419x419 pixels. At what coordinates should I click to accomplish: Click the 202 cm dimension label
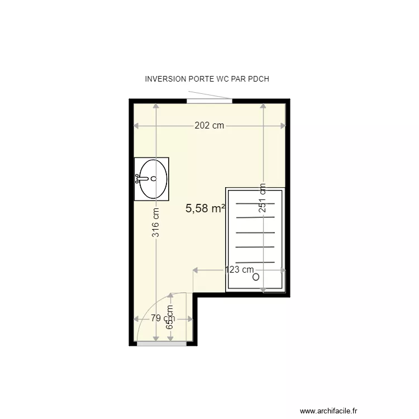209,126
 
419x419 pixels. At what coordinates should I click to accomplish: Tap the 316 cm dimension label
156,222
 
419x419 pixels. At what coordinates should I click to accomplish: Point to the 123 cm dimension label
240,270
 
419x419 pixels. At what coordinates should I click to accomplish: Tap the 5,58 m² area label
205,208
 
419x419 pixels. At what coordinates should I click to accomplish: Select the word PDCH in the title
258,79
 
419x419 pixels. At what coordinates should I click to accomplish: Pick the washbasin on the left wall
152,179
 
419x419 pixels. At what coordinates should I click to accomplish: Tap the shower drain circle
256,277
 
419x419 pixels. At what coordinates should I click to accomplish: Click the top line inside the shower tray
255,204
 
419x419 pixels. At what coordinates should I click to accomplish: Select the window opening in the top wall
209,101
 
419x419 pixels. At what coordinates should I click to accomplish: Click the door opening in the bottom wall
161,344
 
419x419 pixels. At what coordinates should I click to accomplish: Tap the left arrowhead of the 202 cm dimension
136,126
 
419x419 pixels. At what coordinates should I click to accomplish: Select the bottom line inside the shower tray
255,261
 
